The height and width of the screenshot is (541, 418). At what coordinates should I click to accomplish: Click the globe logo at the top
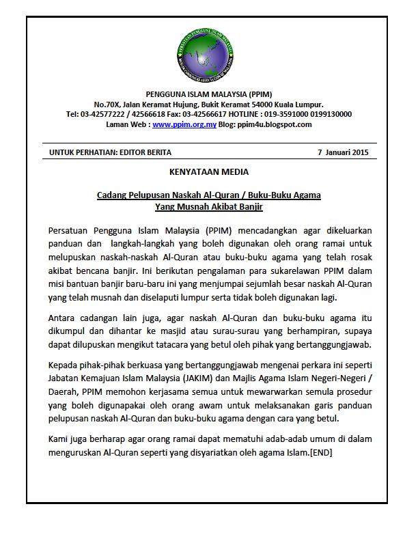[209, 57]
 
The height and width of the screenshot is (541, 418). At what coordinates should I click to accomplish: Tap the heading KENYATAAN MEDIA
[208, 171]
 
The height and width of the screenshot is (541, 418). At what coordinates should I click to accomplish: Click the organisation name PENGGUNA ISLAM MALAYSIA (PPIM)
[208, 94]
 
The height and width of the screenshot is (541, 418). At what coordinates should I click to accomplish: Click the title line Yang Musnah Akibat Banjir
[208, 206]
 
